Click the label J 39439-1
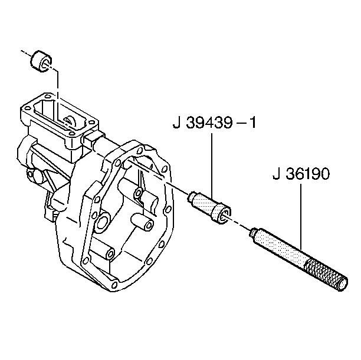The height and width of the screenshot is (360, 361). click(x=214, y=123)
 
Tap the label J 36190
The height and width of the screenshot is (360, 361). click(x=301, y=174)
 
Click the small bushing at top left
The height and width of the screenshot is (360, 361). click(x=41, y=61)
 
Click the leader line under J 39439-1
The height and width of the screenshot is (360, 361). click(x=212, y=165)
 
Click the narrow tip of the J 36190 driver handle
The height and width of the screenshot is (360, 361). click(x=253, y=232)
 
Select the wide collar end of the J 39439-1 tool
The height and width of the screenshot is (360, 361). click(x=221, y=214)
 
